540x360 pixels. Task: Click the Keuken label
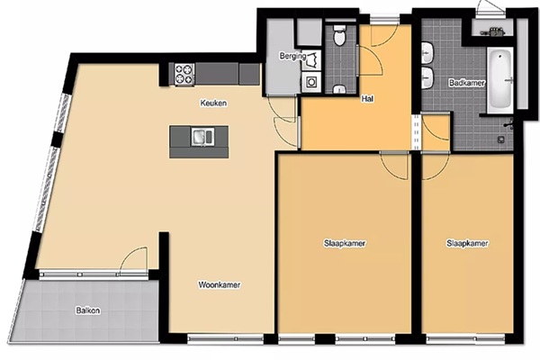(x=213, y=103)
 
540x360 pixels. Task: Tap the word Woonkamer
(x=220, y=285)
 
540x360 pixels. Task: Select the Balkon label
(x=88, y=310)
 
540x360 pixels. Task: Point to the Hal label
(x=367, y=99)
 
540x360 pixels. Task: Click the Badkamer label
(x=467, y=83)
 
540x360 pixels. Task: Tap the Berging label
(x=292, y=56)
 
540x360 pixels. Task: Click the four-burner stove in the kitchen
(x=184, y=75)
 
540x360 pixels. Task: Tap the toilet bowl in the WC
(x=339, y=35)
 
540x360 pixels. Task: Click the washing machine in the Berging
(x=312, y=82)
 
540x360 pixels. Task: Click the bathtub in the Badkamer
(x=499, y=79)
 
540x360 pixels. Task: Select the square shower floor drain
(x=500, y=139)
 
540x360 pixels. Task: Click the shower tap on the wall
(x=509, y=123)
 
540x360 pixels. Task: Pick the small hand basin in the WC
(x=339, y=90)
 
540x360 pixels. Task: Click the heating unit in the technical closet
(x=493, y=32)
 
